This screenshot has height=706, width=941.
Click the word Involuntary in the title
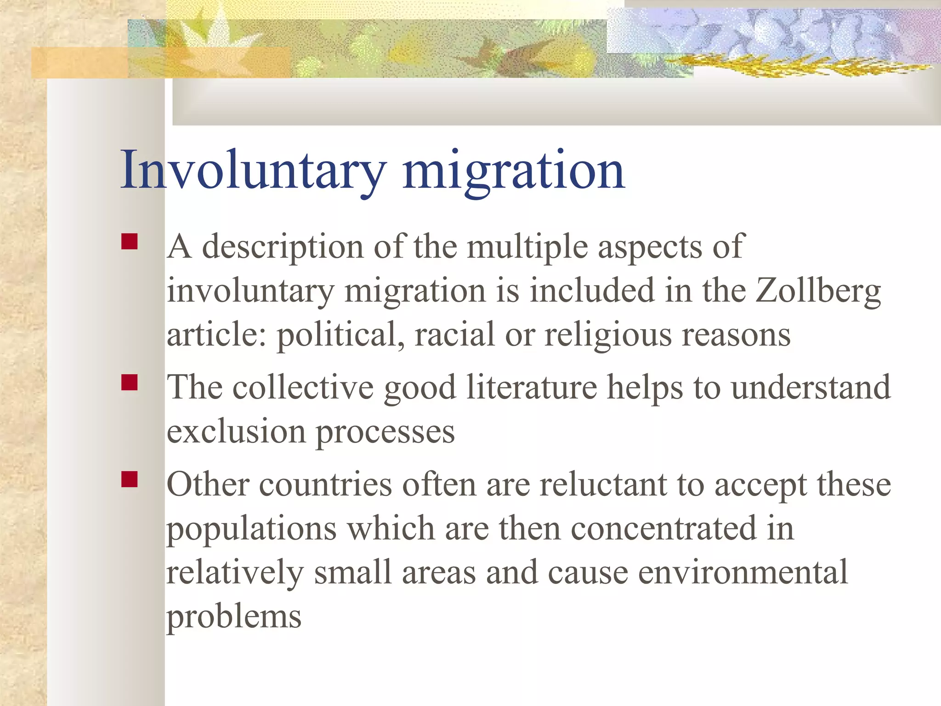coord(253,170)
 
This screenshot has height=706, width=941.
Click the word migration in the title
coord(513,170)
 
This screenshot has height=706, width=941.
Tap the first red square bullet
coord(130,242)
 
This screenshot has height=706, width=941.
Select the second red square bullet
coord(130,382)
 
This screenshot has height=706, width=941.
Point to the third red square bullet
coord(130,479)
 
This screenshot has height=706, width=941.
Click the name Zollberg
coord(818,291)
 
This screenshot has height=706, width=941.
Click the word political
coord(340,335)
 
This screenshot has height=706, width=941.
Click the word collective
coord(303,387)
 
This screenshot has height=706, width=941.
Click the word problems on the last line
coord(234,617)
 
